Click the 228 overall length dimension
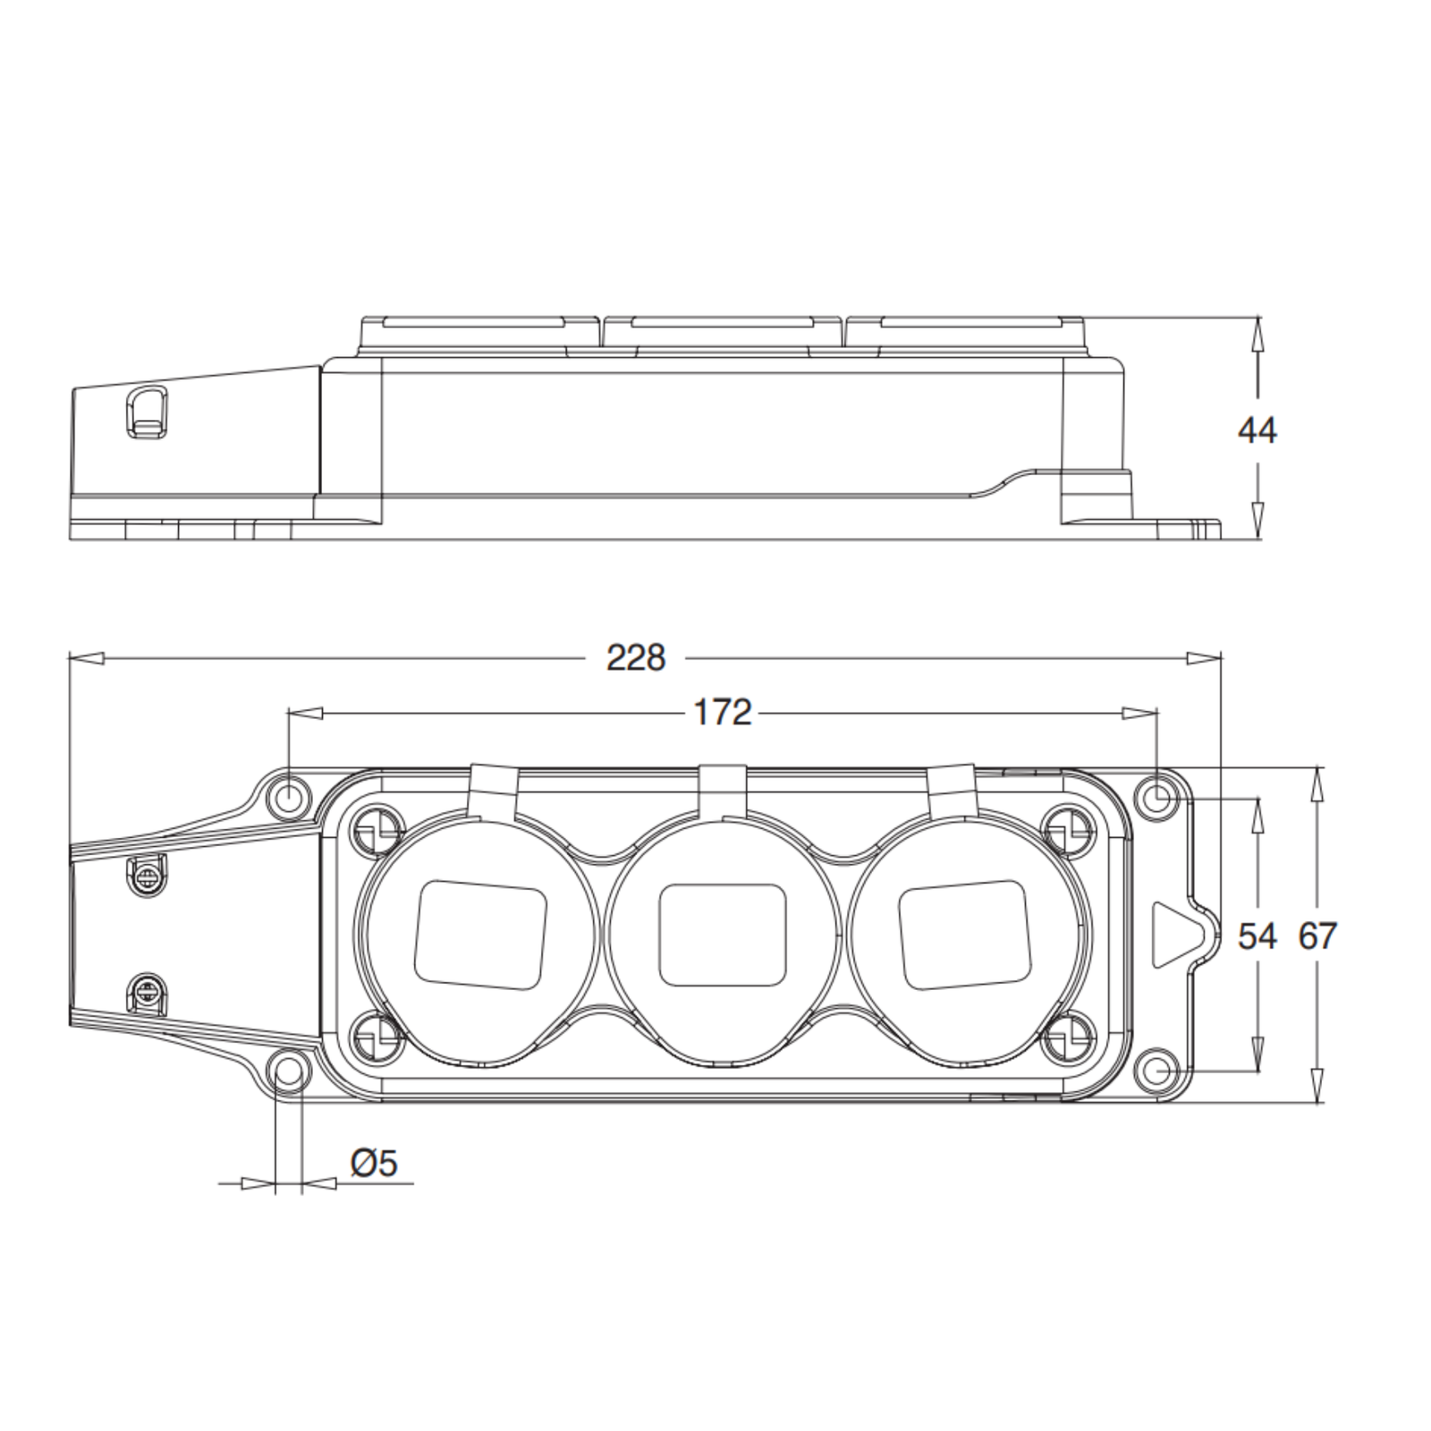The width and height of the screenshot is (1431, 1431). (636, 658)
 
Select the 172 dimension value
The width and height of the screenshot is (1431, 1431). (723, 713)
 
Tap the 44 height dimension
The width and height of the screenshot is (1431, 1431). (1257, 431)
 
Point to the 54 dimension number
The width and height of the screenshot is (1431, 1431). (1257, 936)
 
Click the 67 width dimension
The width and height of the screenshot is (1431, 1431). (1317, 936)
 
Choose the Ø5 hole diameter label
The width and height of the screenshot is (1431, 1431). (374, 1164)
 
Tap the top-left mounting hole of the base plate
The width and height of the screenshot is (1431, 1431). (289, 795)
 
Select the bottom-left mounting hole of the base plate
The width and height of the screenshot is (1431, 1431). (289, 1070)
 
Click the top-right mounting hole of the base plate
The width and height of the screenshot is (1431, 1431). (1156, 795)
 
